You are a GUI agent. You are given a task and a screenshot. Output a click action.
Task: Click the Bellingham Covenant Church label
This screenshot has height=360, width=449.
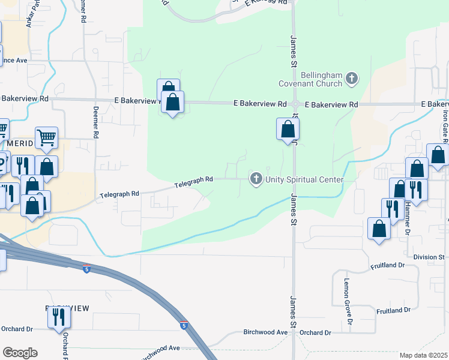click(x=322, y=79)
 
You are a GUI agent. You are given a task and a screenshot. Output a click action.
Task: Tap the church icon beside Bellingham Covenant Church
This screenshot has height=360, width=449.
click(x=351, y=78)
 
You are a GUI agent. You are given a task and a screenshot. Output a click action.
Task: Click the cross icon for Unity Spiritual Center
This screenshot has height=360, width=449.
click(x=256, y=179)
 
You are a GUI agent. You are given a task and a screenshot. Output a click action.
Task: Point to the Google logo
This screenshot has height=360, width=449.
click(x=20, y=352)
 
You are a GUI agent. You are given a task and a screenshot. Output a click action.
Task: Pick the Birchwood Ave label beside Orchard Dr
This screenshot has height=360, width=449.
click(x=266, y=332)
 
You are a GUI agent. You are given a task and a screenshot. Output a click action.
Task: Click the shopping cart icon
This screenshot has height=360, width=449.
click(x=46, y=138)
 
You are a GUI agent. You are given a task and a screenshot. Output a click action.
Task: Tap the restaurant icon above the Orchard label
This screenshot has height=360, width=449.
click(x=59, y=316)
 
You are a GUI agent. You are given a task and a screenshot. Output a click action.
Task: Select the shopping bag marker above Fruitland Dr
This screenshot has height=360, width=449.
click(x=379, y=229)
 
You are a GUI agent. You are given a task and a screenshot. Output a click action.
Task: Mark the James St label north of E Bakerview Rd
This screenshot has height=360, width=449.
click(x=294, y=51)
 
